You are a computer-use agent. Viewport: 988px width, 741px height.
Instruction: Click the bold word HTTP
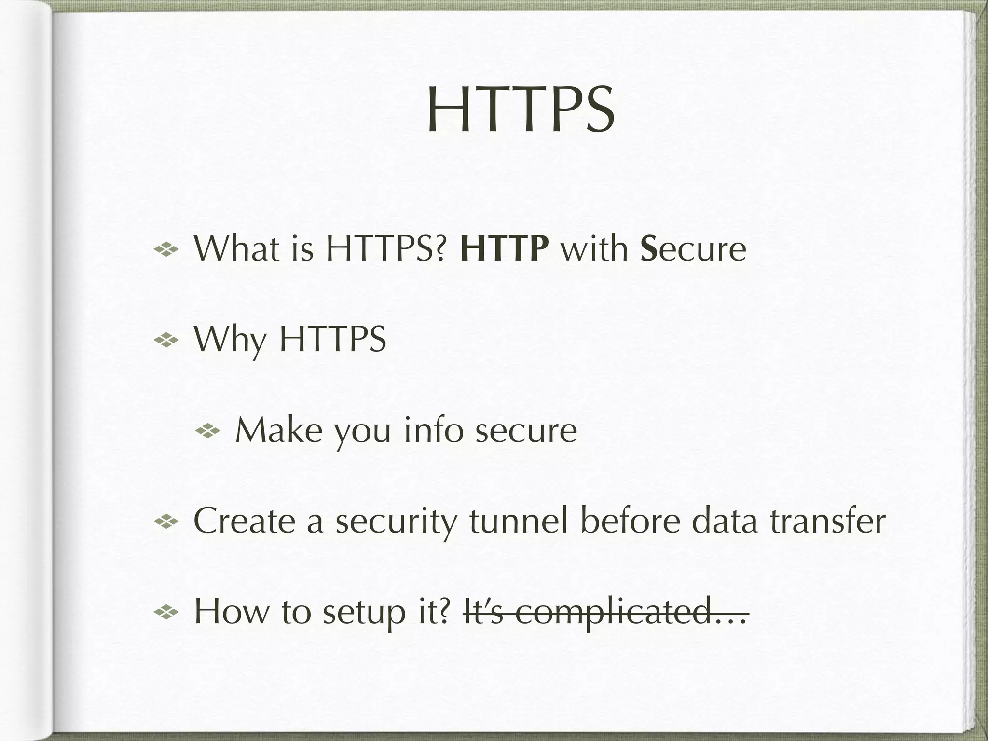pos(504,249)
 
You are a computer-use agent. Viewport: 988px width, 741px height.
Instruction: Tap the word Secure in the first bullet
pos(693,249)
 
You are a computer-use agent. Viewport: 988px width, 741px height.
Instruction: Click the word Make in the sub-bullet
pos(278,430)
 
